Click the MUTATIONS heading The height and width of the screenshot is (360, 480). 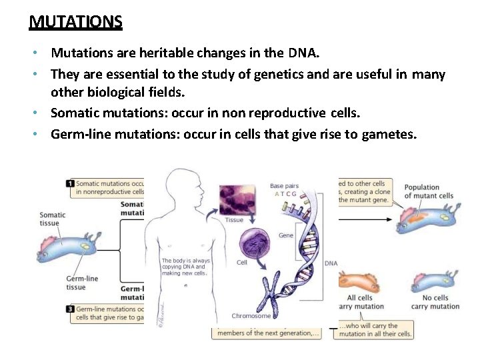pyautogui.click(x=75, y=22)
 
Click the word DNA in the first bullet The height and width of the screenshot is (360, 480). pyautogui.click(x=305, y=53)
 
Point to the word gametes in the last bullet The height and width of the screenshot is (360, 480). pyautogui.click(x=389, y=134)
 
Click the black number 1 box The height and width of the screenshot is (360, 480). pyautogui.click(x=70, y=183)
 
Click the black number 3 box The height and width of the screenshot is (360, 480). pyautogui.click(x=70, y=309)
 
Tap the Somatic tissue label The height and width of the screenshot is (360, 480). pyautogui.click(x=53, y=219)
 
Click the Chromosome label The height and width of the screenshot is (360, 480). pyautogui.click(x=251, y=316)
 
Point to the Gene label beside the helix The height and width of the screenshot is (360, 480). pyautogui.click(x=286, y=235)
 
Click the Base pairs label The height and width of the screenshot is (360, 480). pyautogui.click(x=285, y=186)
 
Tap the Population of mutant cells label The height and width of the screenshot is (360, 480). pyautogui.click(x=429, y=191)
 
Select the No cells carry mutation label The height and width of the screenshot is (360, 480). pyautogui.click(x=435, y=302)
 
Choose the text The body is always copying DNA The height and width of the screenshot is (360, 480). pyautogui.click(x=186, y=267)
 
